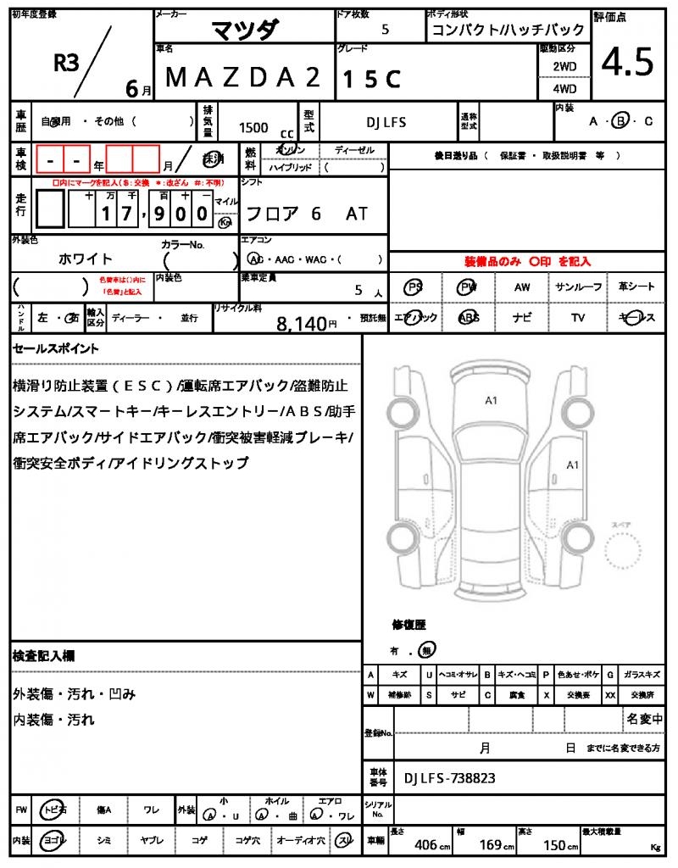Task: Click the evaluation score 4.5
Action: click(627, 61)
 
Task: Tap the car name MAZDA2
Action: click(243, 78)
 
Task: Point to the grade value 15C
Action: click(371, 79)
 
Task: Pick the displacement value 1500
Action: click(253, 128)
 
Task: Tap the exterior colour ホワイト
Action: click(85, 259)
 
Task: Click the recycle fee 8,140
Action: click(301, 323)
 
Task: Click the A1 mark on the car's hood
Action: click(491, 400)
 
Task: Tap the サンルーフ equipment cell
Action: click(579, 287)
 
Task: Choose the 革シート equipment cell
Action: click(636, 287)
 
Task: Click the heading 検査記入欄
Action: click(44, 656)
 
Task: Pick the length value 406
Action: click(425, 845)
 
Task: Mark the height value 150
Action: click(554, 845)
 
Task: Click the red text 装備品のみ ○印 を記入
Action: click(527, 262)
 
